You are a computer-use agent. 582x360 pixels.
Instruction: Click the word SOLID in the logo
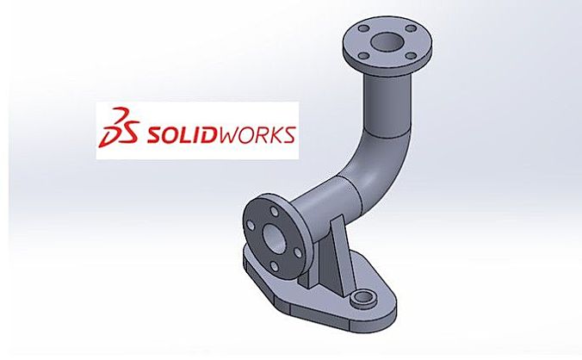180,134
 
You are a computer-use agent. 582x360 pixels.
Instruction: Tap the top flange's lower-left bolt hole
365,57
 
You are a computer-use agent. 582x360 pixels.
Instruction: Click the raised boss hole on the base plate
362,298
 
